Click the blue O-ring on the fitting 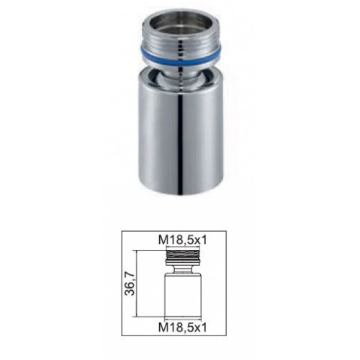click(x=180, y=62)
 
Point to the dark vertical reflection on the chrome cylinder click(x=181, y=144)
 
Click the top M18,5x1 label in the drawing click(x=183, y=240)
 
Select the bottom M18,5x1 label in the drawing click(x=183, y=328)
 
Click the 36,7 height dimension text click(x=131, y=284)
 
